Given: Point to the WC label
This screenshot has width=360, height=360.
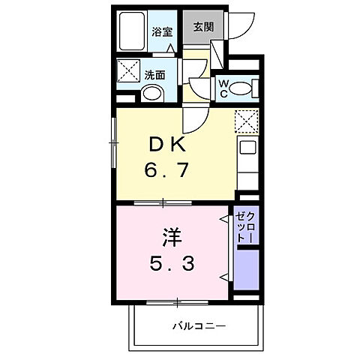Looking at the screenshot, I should [x=223, y=89].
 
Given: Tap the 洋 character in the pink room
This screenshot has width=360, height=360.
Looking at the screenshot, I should [x=169, y=239].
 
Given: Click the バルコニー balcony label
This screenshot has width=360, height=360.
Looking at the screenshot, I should [x=199, y=325].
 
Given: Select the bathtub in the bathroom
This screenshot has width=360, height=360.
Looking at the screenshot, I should [x=133, y=31].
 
